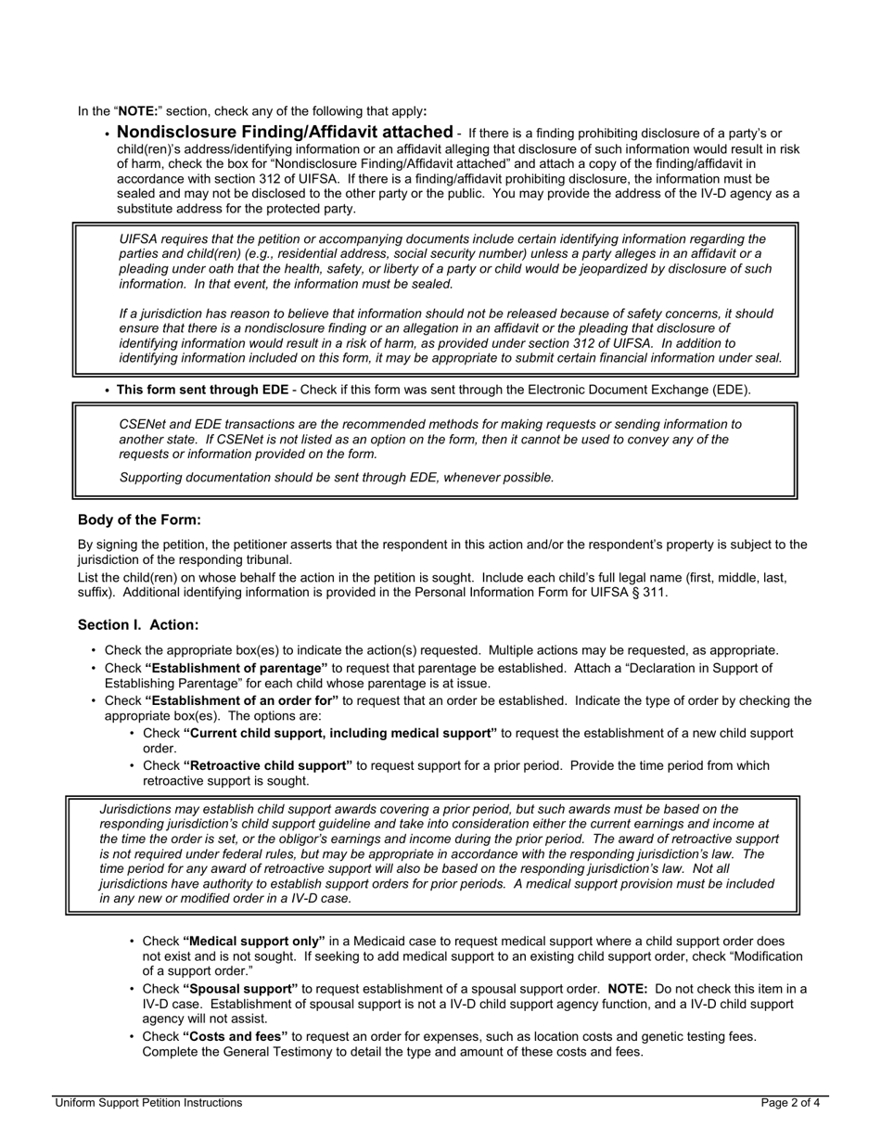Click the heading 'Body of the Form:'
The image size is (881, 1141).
point(139,519)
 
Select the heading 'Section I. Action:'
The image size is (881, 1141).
point(138,625)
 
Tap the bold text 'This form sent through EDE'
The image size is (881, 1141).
point(202,390)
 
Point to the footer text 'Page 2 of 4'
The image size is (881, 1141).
point(790,1103)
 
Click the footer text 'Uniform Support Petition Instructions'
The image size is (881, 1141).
point(148,1103)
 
